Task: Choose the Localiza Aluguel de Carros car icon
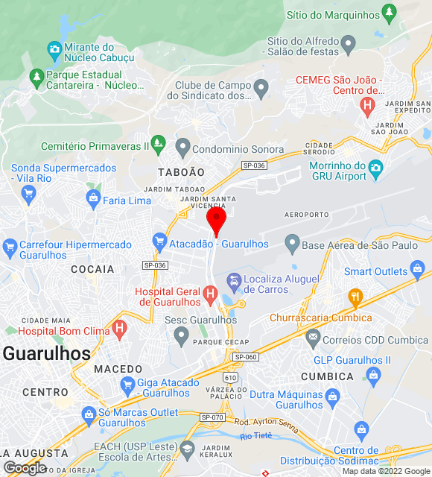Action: pyautogui.click(x=234, y=282)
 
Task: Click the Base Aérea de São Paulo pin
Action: pyautogui.click(x=292, y=243)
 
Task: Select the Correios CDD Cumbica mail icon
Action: pyautogui.click(x=313, y=338)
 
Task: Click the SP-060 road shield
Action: pyautogui.click(x=245, y=357)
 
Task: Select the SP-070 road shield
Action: pyautogui.click(x=212, y=417)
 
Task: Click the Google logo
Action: pyautogui.click(x=25, y=468)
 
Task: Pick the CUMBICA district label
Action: pyautogui.click(x=327, y=376)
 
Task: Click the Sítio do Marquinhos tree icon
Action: pyautogui.click(x=389, y=13)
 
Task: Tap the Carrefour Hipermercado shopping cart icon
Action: pyautogui.click(x=9, y=245)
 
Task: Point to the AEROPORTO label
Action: pyautogui.click(x=306, y=215)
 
